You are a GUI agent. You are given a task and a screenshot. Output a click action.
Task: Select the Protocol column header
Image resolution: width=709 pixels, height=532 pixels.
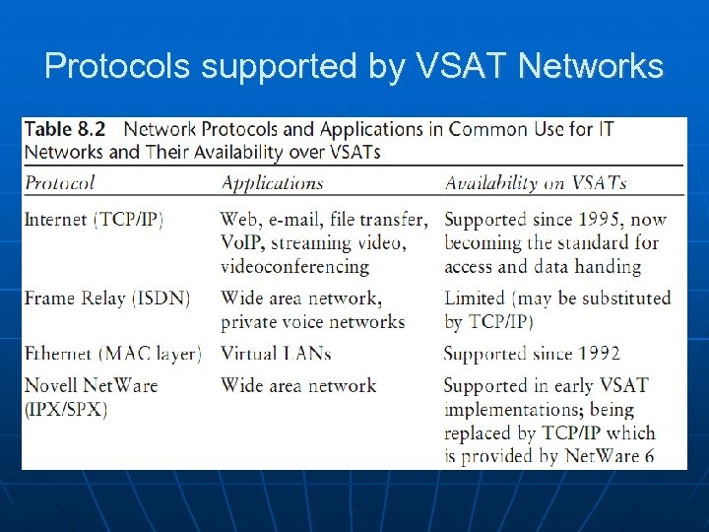coord(59,182)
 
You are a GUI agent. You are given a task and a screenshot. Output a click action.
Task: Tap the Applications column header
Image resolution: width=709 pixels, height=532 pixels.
coord(272,182)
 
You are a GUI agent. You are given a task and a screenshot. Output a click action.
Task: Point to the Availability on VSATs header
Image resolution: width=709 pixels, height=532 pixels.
coord(535,182)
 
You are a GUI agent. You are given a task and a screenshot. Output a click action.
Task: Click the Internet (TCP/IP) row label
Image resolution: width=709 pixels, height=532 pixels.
coord(94,219)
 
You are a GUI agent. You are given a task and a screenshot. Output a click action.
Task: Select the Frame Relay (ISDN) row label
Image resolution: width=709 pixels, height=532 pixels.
coord(106,298)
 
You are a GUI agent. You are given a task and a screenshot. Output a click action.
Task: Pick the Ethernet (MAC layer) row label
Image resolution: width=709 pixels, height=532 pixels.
coord(112,354)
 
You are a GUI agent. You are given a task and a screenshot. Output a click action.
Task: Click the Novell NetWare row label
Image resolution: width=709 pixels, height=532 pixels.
coord(91,385)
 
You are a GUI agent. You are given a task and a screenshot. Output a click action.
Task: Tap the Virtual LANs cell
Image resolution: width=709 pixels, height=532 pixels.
coord(276,354)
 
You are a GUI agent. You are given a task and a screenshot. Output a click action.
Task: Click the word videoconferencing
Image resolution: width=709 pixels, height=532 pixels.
coord(294,266)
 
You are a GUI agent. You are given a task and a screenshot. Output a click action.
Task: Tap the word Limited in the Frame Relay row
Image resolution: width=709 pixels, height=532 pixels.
coord(475,298)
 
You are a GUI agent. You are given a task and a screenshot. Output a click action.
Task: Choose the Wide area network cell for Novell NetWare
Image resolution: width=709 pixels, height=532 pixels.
coord(298,385)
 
